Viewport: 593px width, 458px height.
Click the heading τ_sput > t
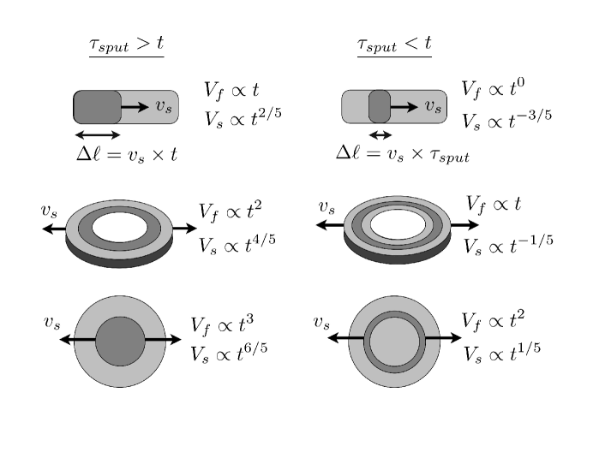point(126,44)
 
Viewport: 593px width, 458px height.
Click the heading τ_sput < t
point(394,44)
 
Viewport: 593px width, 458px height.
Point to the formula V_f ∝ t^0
point(494,88)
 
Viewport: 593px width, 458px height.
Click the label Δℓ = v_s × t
point(127,155)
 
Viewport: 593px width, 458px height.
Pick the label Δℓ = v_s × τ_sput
point(402,153)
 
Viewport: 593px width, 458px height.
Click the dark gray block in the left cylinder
point(97,107)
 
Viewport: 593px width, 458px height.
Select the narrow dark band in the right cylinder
point(380,107)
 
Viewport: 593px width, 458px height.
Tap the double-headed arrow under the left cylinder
point(98,134)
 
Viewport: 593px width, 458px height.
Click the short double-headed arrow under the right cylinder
point(380,134)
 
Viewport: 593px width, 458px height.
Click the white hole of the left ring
point(119,228)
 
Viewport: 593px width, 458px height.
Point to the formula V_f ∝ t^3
point(222,324)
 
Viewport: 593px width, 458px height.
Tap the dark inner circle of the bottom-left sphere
point(120,341)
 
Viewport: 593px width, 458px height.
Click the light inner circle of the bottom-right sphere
point(394,341)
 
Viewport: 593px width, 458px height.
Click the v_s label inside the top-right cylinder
point(434,107)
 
